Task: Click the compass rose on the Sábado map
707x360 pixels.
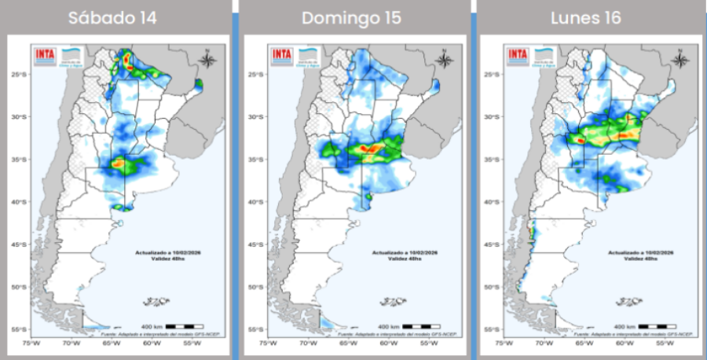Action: [206, 60]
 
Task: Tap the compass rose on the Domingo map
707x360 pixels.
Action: [443, 60]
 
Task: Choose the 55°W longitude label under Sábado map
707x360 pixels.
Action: [192, 343]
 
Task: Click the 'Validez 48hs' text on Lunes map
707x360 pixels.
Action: [639, 259]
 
